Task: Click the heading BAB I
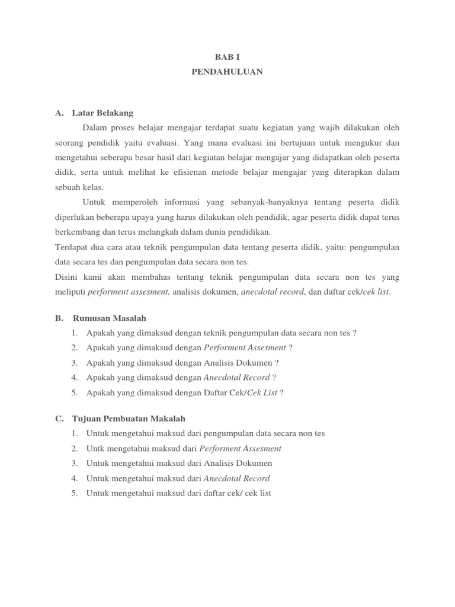tap(227, 57)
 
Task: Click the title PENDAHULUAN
tap(227, 72)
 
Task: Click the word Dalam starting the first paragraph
tap(95, 127)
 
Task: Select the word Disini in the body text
tap(66, 277)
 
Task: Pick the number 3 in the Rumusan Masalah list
tap(75, 362)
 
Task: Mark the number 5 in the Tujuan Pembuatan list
tap(75, 493)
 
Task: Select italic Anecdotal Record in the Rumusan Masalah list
tap(236, 377)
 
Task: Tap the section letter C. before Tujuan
tap(59, 418)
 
